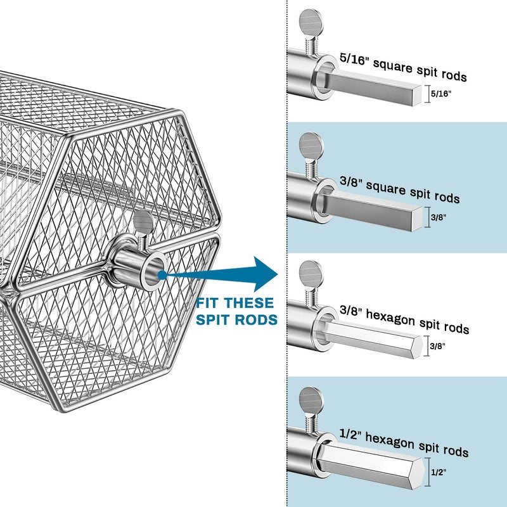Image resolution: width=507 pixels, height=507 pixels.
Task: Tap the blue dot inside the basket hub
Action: pyautogui.click(x=164, y=274)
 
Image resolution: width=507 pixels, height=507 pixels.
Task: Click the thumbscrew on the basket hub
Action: pyautogui.click(x=143, y=223)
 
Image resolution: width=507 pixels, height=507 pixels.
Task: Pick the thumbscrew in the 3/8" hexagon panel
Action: pyautogui.click(x=311, y=271)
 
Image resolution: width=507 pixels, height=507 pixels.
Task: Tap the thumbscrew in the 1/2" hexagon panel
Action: pyautogui.click(x=311, y=399)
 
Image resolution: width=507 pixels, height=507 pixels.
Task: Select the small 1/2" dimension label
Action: pyautogui.click(x=438, y=472)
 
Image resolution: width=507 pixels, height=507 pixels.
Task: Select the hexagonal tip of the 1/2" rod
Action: pyautogui.click(x=419, y=473)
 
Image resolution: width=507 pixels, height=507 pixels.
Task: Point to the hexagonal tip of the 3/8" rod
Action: pyautogui.click(x=418, y=347)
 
